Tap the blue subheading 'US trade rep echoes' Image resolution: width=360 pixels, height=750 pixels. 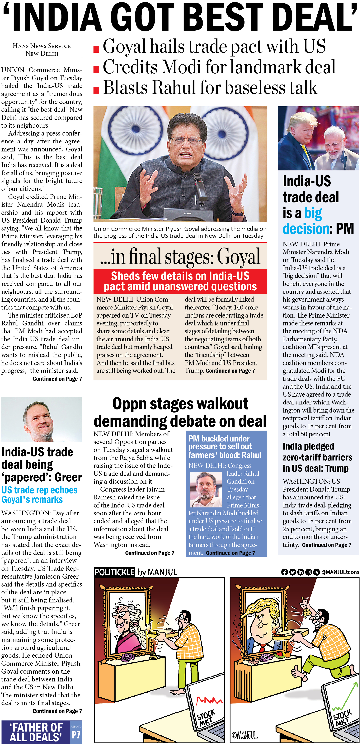[x=39, y=490]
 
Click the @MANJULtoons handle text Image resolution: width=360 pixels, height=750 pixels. [x=340, y=572]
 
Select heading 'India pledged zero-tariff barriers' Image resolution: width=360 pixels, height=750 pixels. [x=317, y=457]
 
